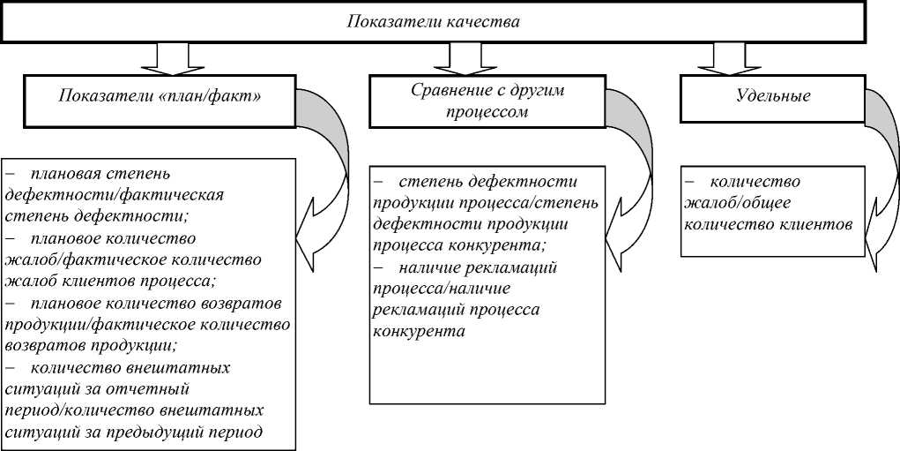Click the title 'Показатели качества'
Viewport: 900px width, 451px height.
click(433, 21)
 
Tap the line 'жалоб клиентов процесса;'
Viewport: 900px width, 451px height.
click(110, 281)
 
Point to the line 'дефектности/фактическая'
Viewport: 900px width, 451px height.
click(114, 193)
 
